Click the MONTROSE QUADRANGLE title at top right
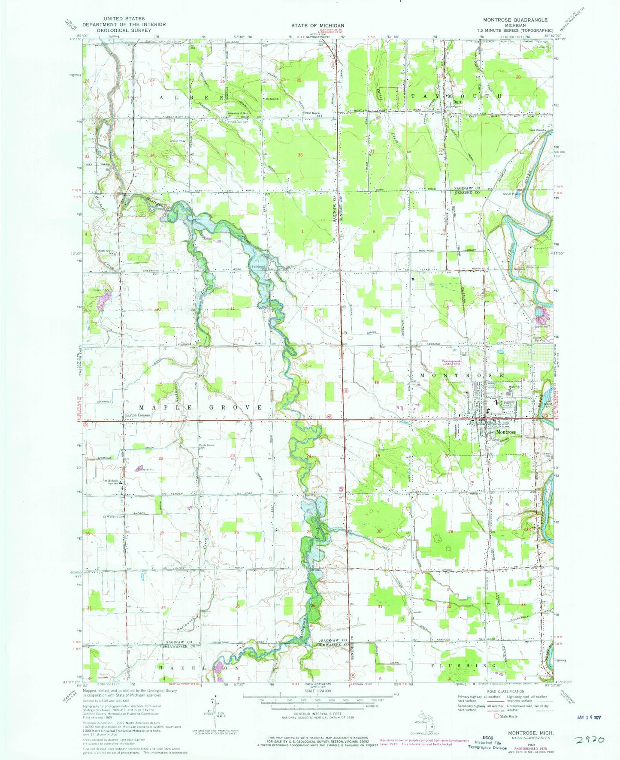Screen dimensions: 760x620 (509, 20)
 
